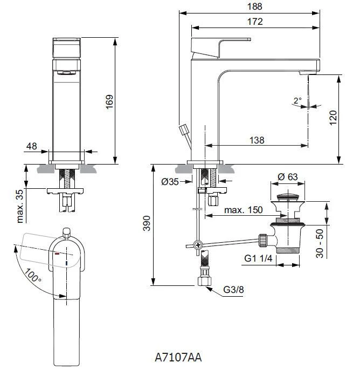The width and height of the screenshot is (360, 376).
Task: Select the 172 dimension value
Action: pyautogui.click(x=255, y=22)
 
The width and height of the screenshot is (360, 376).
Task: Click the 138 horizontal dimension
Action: pyautogui.click(x=257, y=140)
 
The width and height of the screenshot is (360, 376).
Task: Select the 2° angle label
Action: pyautogui.click(x=297, y=100)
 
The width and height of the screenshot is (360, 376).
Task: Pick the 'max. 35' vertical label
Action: pyautogui.click(x=20, y=206)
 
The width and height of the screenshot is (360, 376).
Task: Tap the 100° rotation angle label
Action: pyautogui.click(x=32, y=277)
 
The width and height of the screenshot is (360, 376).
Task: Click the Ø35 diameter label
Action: pyautogui.click(x=170, y=182)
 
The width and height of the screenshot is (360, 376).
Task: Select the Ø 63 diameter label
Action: pyautogui.click(x=288, y=177)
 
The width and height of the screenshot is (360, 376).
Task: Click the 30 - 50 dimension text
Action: pyautogui.click(x=320, y=243)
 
